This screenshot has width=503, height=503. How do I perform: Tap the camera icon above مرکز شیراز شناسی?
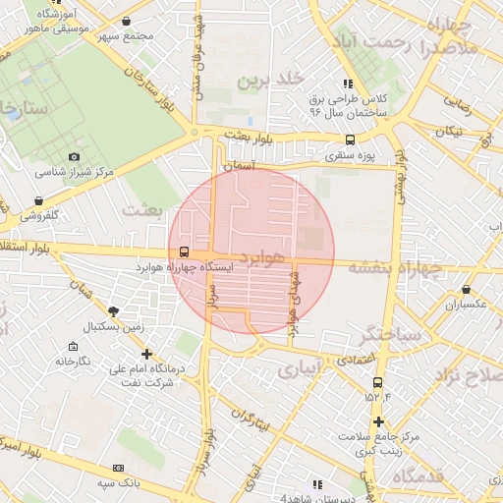coord(75,157)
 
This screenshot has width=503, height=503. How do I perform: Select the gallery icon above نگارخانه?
coord(74,347)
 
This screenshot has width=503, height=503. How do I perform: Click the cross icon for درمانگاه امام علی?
coord(147,354)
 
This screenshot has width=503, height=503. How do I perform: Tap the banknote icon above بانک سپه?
coord(119,469)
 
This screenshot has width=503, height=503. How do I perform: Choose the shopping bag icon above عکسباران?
coord(466,290)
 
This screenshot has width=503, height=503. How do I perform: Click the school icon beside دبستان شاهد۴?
coord(316,484)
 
